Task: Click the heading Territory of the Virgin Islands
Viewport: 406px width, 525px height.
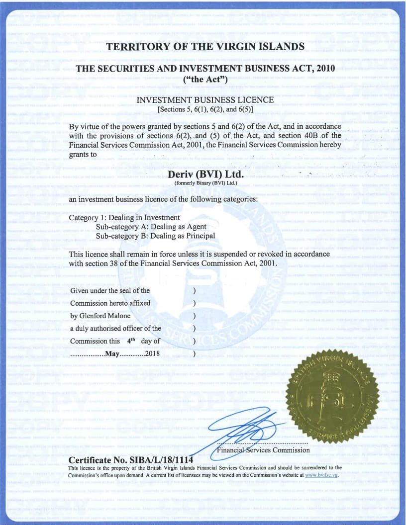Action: click(x=205, y=47)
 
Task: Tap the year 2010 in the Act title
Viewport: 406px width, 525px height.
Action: click(x=322, y=69)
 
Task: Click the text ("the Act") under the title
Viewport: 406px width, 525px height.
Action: click(x=205, y=79)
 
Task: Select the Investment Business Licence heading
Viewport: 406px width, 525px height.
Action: click(x=205, y=100)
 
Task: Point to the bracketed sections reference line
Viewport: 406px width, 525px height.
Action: click(x=205, y=109)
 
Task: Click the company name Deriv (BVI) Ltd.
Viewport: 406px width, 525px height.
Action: click(x=205, y=175)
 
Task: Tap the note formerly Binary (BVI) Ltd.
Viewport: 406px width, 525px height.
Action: click(x=205, y=183)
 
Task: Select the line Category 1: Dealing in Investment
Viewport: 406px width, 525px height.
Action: click(x=124, y=218)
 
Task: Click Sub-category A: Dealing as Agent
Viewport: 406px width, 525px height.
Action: click(x=151, y=227)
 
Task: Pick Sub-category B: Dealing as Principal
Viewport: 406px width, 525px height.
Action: click(x=155, y=236)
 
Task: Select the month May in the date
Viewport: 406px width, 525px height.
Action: click(x=113, y=354)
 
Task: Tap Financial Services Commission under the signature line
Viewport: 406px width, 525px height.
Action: click(x=263, y=450)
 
